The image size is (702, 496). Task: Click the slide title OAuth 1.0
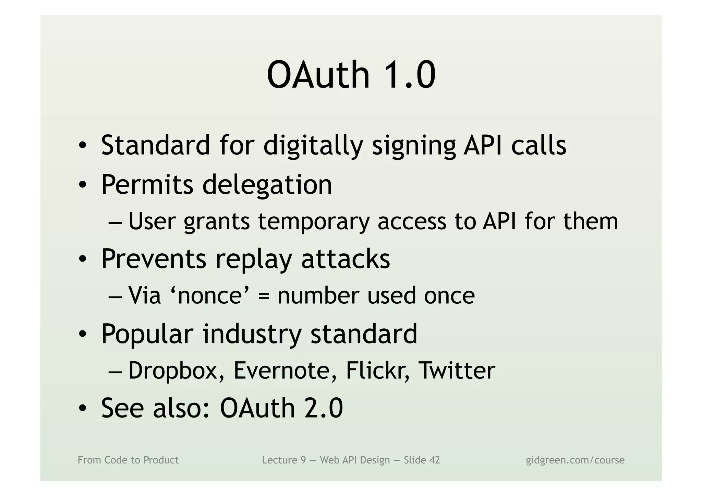click(351, 74)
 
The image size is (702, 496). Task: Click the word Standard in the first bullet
click(155, 145)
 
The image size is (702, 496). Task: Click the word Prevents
click(154, 259)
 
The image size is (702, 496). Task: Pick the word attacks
click(345, 259)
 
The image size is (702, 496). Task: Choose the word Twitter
click(457, 371)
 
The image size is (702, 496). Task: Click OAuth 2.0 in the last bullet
click(281, 408)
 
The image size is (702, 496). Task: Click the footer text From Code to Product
click(128, 460)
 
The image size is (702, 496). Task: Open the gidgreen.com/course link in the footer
click(575, 460)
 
